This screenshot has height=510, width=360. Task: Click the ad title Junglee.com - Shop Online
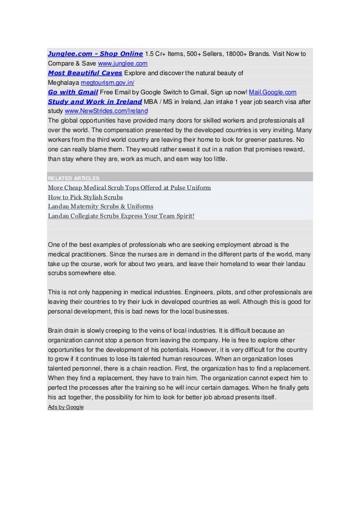[x=95, y=54]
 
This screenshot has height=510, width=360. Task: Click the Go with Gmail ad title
[x=73, y=91]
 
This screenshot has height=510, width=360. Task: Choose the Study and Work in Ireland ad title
[x=94, y=101]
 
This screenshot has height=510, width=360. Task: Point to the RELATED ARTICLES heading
[x=74, y=178]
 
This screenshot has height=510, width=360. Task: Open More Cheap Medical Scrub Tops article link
[x=129, y=188]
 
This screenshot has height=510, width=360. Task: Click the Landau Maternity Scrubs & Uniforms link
[x=100, y=206]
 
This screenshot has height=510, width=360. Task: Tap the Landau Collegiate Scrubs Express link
[x=121, y=216]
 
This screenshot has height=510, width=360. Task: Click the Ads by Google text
[x=65, y=407]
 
